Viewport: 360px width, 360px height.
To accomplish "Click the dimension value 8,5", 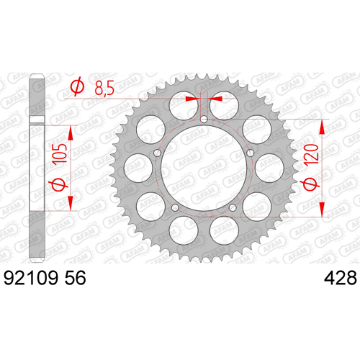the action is pyautogui.click(x=104, y=88).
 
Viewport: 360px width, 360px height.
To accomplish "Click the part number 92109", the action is pyautogui.click(x=31, y=278).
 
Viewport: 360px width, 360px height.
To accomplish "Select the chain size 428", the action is pyautogui.click(x=341, y=278).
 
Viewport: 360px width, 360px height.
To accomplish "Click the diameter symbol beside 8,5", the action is pyautogui.click(x=77, y=87).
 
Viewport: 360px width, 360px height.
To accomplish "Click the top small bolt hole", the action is pyautogui.click(x=204, y=119).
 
